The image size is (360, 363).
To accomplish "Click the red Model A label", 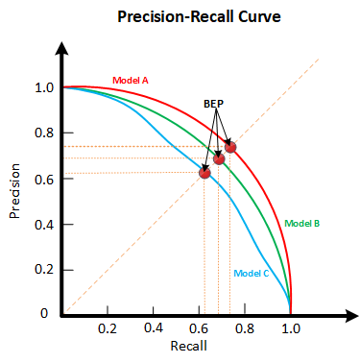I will [131, 80].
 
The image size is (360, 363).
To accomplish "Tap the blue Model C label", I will [252, 273].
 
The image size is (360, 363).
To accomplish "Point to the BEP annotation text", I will [215, 103].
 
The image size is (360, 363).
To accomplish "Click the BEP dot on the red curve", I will [230, 147].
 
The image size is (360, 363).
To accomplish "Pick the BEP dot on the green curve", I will [219, 158].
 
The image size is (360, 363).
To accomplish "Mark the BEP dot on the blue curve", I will [204, 173].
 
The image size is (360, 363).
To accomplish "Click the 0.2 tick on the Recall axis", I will [108, 327].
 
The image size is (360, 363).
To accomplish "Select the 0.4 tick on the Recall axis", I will [154, 327].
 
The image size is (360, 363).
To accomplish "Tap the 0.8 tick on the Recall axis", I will [245, 327].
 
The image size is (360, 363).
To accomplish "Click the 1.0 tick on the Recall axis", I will [291, 327].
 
